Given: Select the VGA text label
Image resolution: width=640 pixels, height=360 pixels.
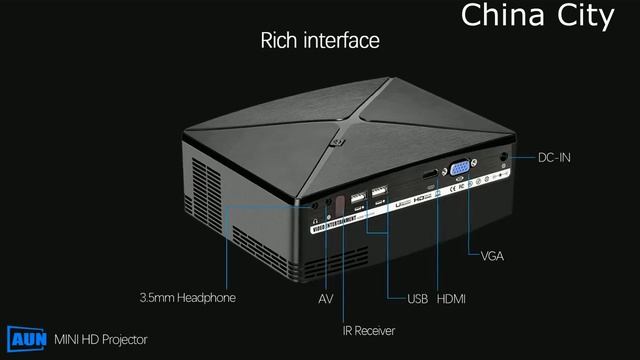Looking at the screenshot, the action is pos(492,256).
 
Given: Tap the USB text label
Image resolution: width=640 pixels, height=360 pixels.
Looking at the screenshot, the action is pos(417,299).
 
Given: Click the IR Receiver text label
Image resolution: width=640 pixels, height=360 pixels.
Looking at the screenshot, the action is pos(368,331).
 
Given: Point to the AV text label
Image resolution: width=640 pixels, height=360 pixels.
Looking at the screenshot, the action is pos(325,299).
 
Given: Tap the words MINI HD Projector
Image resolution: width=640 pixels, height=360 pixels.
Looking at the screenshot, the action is pos(100,340).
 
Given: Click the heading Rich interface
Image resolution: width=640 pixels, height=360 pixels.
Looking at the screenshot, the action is pos(320,41).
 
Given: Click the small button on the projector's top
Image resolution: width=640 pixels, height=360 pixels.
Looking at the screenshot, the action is pos(336,141).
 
